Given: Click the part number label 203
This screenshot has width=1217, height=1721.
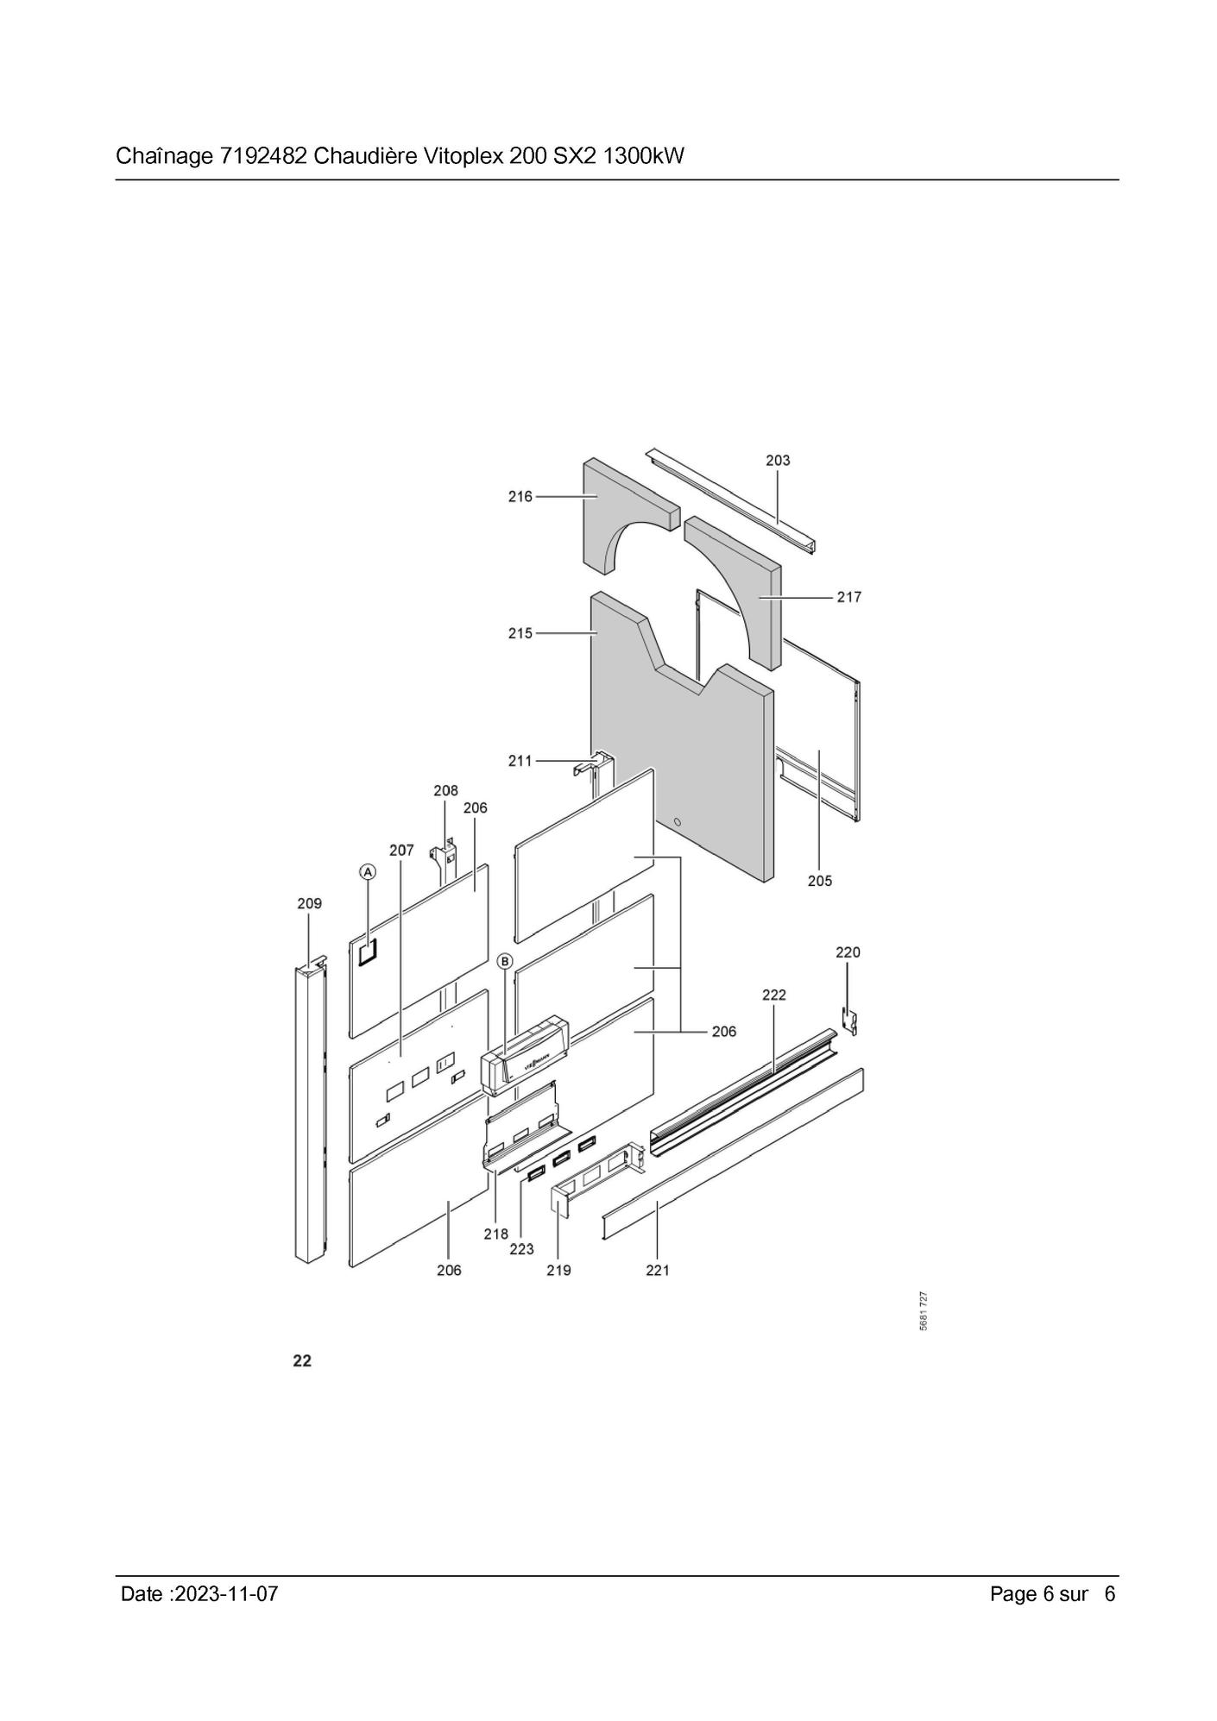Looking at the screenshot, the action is pos(778,461).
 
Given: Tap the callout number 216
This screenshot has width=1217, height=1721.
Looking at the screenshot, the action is pos(520,497).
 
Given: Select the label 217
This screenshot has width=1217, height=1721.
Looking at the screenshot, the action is pos(849,597).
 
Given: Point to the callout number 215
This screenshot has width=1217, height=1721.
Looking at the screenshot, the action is pos(520,633).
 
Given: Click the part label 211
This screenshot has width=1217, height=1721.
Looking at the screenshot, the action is pos(520,761).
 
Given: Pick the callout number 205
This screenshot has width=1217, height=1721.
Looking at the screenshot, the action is pos(820,881).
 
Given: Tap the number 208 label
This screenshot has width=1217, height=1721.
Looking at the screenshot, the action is pos(445,791).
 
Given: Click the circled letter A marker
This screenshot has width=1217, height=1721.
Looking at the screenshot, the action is pos(368,872).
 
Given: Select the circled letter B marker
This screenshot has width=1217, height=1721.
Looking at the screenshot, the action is pos(505,961).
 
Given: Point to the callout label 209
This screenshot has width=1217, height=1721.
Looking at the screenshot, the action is pos(309,904).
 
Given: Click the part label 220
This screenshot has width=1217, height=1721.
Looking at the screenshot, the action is pos(848,952).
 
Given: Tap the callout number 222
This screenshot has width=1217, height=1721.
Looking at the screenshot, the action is pos(774,995).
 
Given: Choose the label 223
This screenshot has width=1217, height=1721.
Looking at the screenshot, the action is pos(521,1249).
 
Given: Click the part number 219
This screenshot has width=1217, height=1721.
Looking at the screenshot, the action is pos(558,1271).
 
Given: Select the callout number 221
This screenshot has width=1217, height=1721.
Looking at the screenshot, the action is pos(658,1271).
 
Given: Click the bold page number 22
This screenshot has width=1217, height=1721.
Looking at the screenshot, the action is pos(302,1361).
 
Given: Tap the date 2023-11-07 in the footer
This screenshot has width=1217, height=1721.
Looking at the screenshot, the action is pos(226,1594).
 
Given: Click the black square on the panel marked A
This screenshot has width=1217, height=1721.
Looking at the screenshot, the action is pos(369,951).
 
